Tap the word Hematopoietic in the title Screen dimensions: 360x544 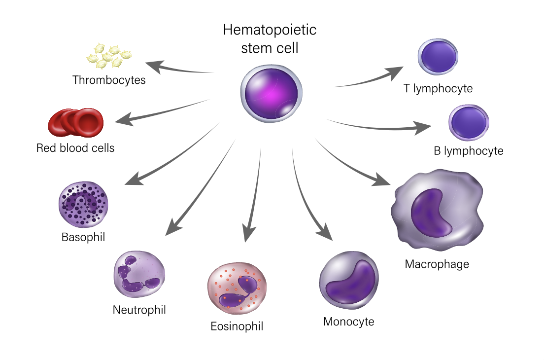tap(270, 30)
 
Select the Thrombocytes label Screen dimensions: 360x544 tap(109, 80)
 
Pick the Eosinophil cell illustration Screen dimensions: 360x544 tap(237, 289)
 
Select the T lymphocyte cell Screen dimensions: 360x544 tap(438, 57)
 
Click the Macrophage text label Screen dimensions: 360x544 tap(437, 264)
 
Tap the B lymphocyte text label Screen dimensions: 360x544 tap(468, 151)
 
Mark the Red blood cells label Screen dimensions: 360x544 tap(75, 148)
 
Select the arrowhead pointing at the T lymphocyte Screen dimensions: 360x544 tap(396, 72)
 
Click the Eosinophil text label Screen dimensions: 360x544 tap(237, 326)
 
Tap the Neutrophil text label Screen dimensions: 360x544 tap(139, 310)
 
